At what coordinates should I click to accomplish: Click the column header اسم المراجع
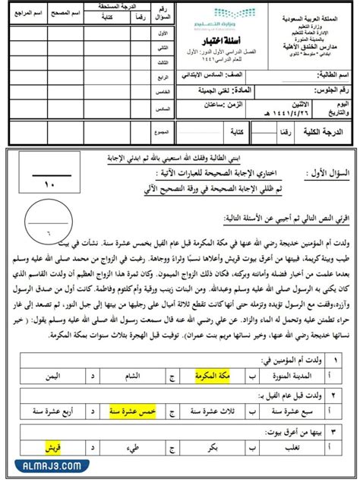coord(24,13)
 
